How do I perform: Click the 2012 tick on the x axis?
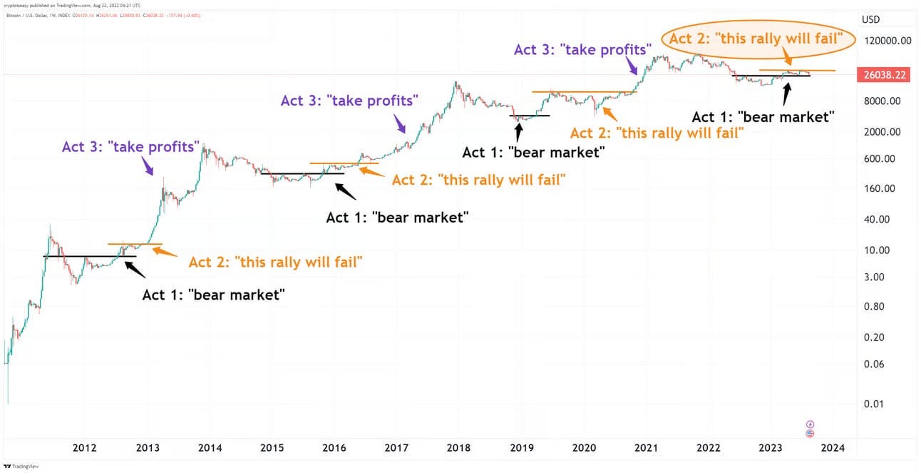coord(85,447)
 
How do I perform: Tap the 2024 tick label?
coord(833,447)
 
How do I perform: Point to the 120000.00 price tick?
coord(885,41)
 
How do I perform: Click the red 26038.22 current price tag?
coord(885,74)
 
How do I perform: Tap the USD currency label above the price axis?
coord(871,19)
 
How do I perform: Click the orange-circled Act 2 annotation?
coord(761,39)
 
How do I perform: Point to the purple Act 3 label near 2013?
coord(129,147)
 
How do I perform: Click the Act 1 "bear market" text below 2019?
coord(533,151)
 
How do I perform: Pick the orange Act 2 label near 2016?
coord(479,179)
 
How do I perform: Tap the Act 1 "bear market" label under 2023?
coord(763,116)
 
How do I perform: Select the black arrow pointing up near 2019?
coord(519,131)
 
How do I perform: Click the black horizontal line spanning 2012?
coord(89,255)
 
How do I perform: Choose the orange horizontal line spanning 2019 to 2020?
coord(585,92)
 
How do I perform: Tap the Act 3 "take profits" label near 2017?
coord(348,101)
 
